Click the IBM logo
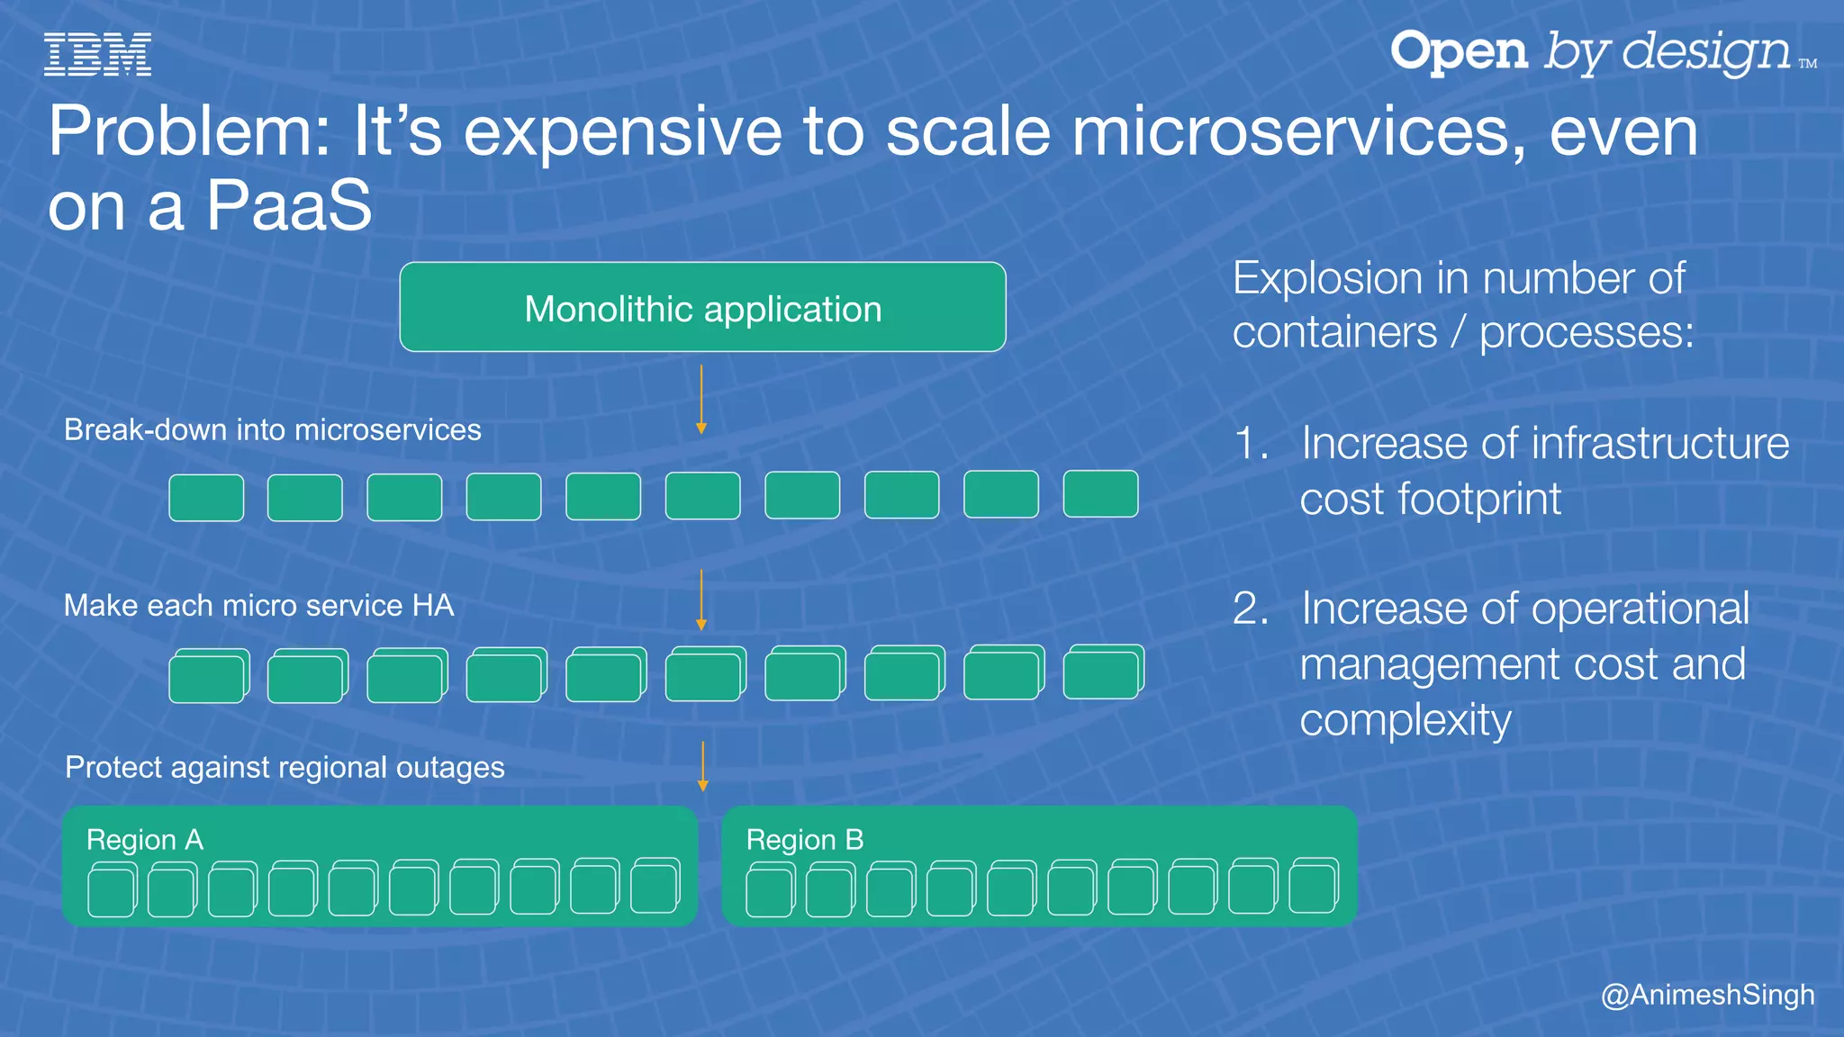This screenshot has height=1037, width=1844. (x=97, y=54)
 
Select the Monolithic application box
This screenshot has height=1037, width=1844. (x=702, y=308)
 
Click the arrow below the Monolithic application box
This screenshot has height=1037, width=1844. (x=701, y=399)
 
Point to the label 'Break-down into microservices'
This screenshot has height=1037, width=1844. (x=272, y=430)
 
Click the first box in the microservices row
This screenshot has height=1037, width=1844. (x=206, y=498)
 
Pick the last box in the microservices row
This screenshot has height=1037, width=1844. (x=1100, y=493)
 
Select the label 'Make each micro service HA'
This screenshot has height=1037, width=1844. (x=258, y=606)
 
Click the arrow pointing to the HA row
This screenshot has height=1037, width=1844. (x=701, y=600)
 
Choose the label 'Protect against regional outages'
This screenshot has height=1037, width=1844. (x=285, y=768)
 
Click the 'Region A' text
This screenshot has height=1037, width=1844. (x=145, y=840)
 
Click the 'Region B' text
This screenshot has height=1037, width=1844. (x=805, y=840)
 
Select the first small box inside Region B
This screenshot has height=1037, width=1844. (x=770, y=890)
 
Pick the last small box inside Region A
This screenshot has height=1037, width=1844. (x=655, y=887)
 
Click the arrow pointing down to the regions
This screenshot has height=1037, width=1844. (x=703, y=766)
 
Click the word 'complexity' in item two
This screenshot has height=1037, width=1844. (x=1405, y=720)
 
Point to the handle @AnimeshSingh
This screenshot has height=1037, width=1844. (x=1707, y=995)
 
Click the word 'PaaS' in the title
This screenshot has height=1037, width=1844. (x=288, y=205)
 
